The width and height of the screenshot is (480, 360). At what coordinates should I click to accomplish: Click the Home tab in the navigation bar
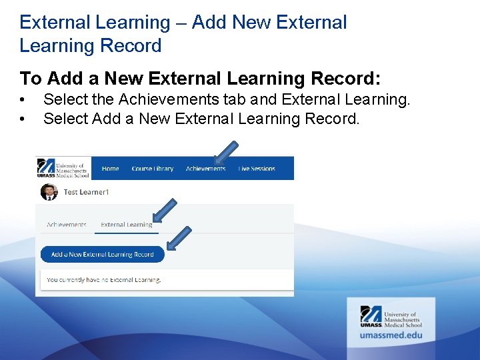[110, 169]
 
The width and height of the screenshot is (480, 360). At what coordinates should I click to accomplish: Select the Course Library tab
[152, 169]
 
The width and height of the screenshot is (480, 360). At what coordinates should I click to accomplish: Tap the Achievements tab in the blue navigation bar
[205, 169]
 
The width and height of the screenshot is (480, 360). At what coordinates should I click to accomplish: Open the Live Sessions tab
[257, 169]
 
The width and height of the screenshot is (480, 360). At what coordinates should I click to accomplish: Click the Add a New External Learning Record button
[102, 254]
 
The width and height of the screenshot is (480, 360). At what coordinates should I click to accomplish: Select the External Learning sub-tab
[126, 225]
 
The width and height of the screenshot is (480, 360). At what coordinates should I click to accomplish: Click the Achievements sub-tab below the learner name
[66, 225]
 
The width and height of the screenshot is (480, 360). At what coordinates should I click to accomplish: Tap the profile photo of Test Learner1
[49, 192]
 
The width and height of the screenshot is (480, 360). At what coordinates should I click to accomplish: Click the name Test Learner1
[86, 192]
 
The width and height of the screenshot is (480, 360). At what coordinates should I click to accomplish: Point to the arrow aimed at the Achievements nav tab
[226, 151]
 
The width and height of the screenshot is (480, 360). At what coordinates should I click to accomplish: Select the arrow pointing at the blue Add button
[179, 239]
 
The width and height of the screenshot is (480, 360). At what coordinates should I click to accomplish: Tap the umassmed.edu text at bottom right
[391, 335]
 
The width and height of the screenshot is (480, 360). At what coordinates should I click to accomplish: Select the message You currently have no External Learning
[103, 280]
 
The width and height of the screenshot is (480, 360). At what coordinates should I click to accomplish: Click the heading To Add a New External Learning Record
[200, 79]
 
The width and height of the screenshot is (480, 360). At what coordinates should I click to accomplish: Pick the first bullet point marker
[23, 100]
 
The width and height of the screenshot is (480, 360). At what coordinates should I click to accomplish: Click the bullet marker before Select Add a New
[23, 119]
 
